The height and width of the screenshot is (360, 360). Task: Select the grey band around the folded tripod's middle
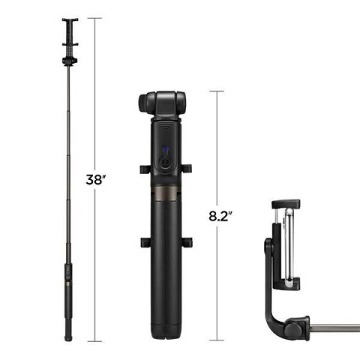pos(163,196)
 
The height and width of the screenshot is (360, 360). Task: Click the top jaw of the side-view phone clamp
pos(286,204)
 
